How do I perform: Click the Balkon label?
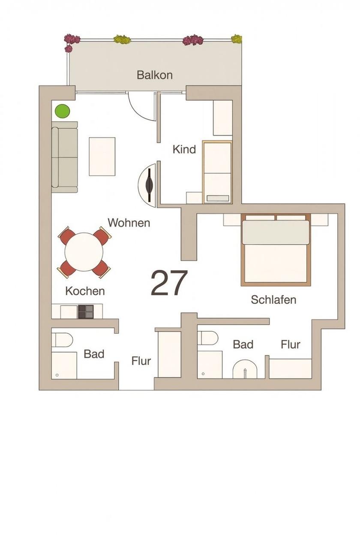[x=155, y=75]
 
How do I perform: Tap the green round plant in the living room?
[x=63, y=111]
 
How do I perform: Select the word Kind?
[x=184, y=149]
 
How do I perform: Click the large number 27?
[x=169, y=283]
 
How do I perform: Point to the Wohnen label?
[x=129, y=223]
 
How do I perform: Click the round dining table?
[x=84, y=252]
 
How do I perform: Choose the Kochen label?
[x=85, y=291]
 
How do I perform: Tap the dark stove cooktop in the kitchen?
[x=86, y=312]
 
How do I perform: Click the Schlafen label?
[x=273, y=300]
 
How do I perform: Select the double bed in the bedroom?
[x=276, y=250]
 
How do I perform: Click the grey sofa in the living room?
[x=65, y=157]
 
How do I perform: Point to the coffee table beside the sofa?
[x=102, y=157]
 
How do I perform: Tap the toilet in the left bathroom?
[x=63, y=340]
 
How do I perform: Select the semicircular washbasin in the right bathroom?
[x=245, y=369]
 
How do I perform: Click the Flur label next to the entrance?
[x=141, y=361]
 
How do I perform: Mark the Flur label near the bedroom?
[x=291, y=344]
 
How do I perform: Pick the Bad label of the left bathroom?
[x=94, y=354]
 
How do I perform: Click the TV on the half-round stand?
[x=150, y=185]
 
